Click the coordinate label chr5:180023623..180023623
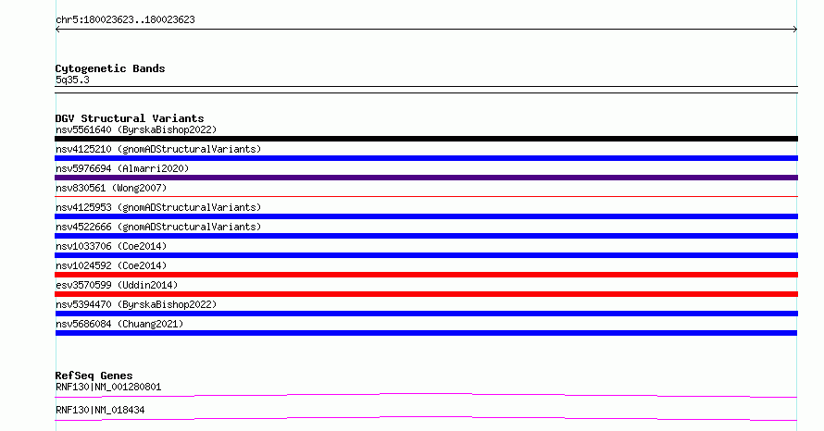(x=125, y=20)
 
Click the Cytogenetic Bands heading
(x=110, y=68)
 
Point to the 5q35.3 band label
(x=72, y=80)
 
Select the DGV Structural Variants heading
(x=130, y=118)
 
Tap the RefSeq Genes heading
(x=94, y=376)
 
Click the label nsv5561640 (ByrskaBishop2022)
(x=136, y=129)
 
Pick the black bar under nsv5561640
(x=426, y=139)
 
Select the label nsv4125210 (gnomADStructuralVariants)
(x=158, y=149)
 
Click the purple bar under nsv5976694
(x=426, y=178)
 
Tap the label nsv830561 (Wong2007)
(x=111, y=188)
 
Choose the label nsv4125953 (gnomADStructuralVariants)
(x=158, y=207)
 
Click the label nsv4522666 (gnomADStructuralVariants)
(x=158, y=227)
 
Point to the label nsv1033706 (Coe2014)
(x=111, y=246)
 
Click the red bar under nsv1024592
(x=426, y=275)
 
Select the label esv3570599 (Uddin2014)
(x=117, y=285)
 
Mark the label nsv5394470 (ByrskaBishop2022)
(x=136, y=304)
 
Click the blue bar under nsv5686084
(x=426, y=333)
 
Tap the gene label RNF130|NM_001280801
(x=108, y=387)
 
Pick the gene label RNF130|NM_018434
(x=100, y=410)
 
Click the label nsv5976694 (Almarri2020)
(x=122, y=168)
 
